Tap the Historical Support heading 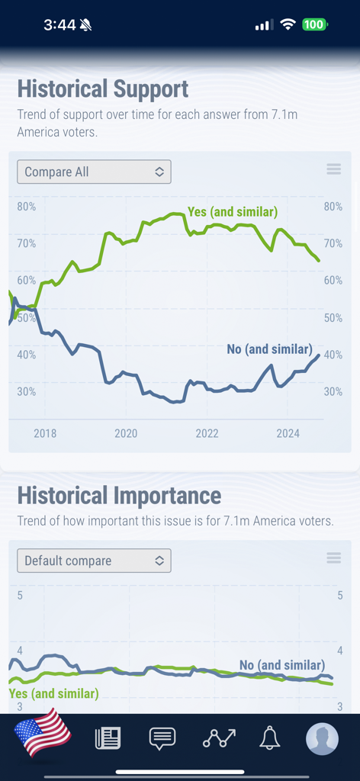(103, 88)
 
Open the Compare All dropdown (94, 172)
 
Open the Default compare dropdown (94, 561)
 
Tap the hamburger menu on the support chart (333, 169)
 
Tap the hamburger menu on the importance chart (333, 558)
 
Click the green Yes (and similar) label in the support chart (233, 211)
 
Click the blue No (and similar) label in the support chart (269, 349)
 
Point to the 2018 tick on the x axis (45, 433)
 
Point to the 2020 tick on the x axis (126, 433)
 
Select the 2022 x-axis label (207, 433)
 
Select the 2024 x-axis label (288, 433)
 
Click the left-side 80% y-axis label (27, 207)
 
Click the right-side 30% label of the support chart (333, 391)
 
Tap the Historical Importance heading (119, 496)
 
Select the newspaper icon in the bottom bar (108, 738)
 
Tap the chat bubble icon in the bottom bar (162, 738)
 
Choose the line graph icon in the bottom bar (218, 738)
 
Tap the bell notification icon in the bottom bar (269, 738)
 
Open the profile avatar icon (322, 738)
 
